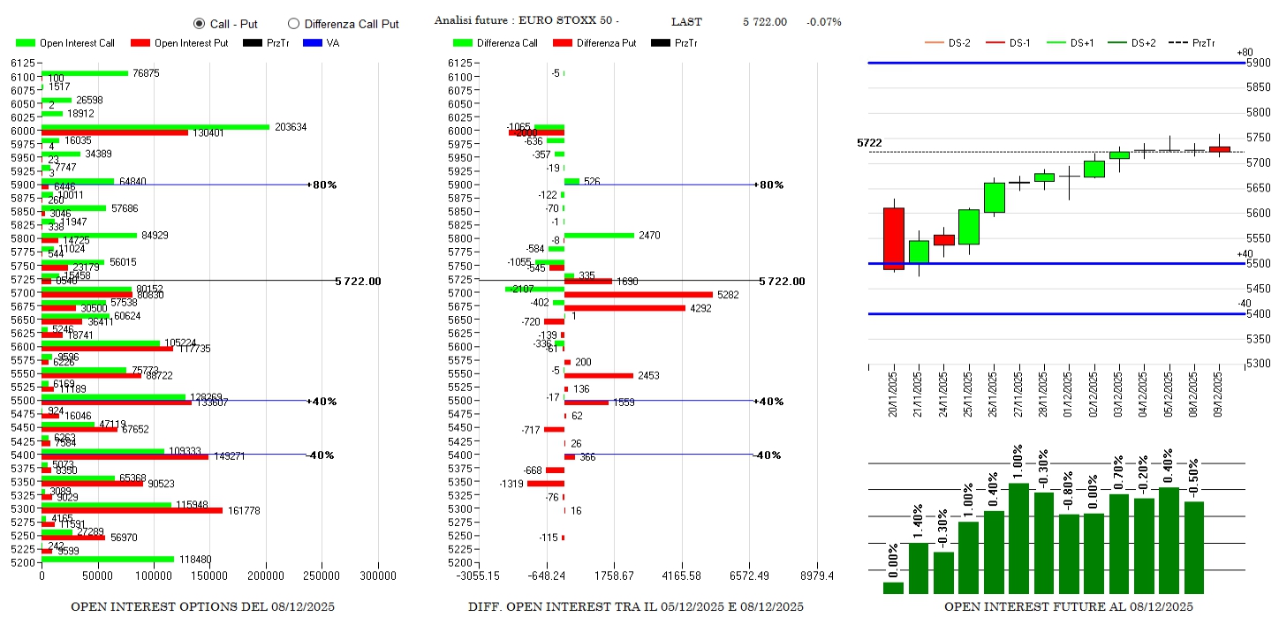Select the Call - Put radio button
(199, 24)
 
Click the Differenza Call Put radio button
(294, 24)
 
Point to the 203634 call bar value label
(291, 127)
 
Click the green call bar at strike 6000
(155, 127)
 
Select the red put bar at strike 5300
(132, 510)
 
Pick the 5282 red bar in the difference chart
(638, 295)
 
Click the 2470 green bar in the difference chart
(599, 235)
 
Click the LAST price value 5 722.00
(764, 22)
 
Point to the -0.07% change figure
(823, 22)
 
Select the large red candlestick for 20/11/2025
(894, 237)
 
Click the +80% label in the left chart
(324, 184)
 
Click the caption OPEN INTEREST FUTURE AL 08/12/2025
(1068, 606)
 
